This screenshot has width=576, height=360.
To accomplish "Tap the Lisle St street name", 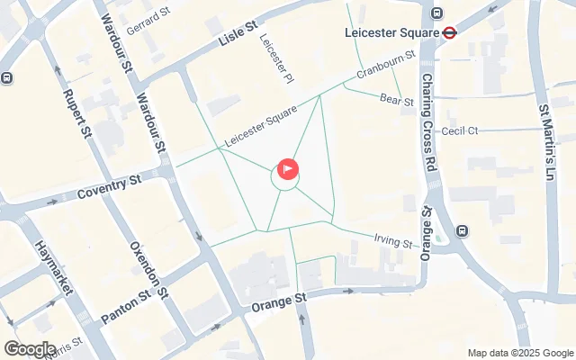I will click(238, 35).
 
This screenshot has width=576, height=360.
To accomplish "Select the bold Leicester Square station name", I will click(391, 34).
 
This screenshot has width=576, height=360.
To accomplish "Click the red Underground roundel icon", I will click(450, 34).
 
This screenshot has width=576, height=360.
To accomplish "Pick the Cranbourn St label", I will click(384, 66).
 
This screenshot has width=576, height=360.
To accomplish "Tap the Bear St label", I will click(396, 101).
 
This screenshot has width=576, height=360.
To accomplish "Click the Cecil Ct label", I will click(459, 130).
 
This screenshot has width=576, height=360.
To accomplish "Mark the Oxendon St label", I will click(149, 268).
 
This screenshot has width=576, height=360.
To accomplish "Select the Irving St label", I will click(392, 240).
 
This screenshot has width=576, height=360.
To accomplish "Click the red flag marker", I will click(288, 168).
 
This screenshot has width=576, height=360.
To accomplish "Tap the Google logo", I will click(31, 349).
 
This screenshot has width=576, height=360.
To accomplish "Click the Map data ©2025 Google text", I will click(520, 353).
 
